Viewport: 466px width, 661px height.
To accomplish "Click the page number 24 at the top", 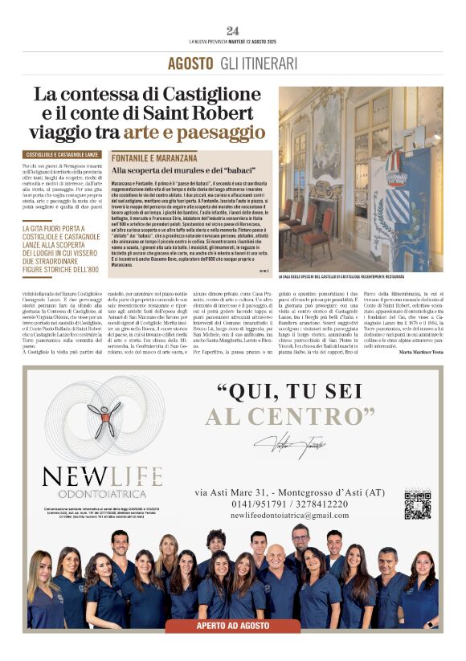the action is coord(233,31).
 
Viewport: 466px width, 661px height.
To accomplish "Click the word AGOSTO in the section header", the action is coord(191,63).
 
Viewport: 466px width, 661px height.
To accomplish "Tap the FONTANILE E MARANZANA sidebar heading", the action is coord(154,158).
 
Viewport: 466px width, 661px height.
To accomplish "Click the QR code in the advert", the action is coord(417,504).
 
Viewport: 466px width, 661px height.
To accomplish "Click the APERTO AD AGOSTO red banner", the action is coord(233,624).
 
